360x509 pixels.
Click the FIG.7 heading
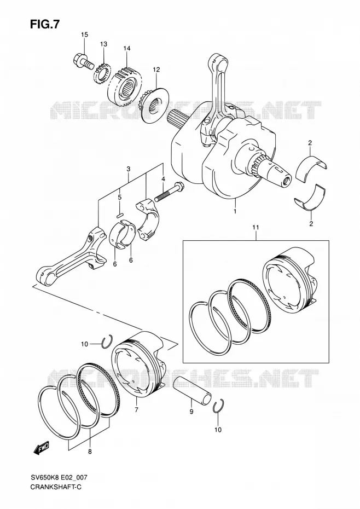pos(45,24)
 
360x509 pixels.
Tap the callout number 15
pos(84,34)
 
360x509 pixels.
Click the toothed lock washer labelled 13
pos(102,74)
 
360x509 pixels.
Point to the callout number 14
pos(126,48)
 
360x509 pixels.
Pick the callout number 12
pos(156,70)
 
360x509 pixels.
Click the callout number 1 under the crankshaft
pos(235,211)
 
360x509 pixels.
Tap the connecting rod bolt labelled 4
pos(170,192)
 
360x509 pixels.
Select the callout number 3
pos(129,169)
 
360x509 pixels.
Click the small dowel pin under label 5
pos(119,215)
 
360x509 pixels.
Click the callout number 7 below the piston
pos(136,410)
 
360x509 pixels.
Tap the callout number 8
pos(90,452)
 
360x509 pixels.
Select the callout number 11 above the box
pos(256,228)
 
